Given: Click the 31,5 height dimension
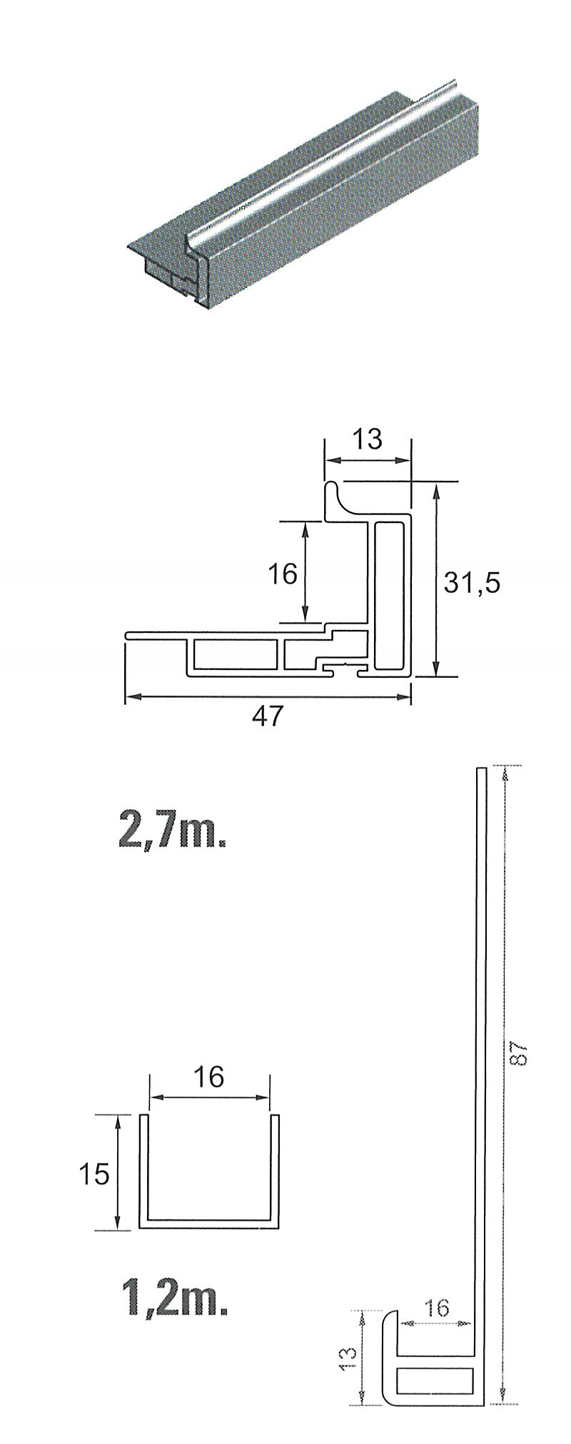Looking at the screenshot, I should (x=472, y=583).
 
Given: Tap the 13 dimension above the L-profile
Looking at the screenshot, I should (x=368, y=439).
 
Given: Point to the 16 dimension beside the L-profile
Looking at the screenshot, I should (x=282, y=572).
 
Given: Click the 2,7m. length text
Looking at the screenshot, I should (x=172, y=830).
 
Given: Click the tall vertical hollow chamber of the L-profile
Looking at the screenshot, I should (x=389, y=596).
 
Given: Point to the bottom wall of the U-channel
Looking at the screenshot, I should (x=209, y=1224).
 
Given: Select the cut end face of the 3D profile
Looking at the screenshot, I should (x=175, y=275).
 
